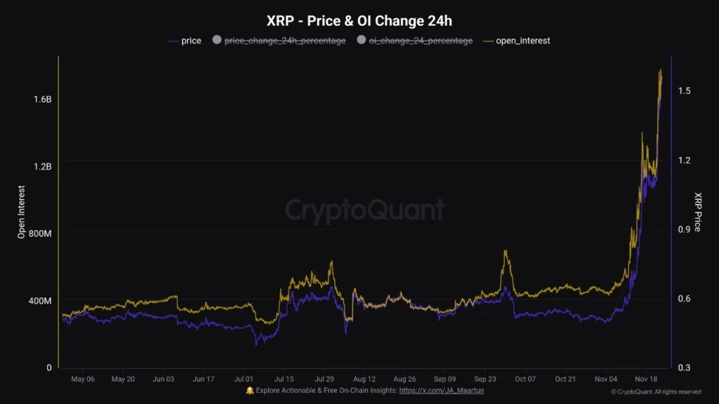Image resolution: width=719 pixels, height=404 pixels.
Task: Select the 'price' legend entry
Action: click(190, 41)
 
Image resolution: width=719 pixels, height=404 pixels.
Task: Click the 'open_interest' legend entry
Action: click(522, 41)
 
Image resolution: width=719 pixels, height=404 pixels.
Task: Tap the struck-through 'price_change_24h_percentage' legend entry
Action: click(284, 41)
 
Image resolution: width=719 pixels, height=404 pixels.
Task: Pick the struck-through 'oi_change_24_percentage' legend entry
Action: click(421, 41)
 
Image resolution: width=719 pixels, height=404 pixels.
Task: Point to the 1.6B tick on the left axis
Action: click(42, 100)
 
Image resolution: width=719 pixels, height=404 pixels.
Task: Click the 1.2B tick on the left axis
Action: click(42, 166)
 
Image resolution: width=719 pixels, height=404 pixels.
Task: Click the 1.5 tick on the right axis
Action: click(684, 91)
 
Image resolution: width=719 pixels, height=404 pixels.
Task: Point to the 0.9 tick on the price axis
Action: click(684, 229)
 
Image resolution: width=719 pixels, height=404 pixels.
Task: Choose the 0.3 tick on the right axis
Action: click(684, 368)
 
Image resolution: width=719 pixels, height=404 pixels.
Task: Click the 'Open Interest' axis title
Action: click(22, 213)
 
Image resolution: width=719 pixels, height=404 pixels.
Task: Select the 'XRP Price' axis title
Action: click(697, 213)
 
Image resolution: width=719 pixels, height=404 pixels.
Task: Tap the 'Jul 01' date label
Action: click(244, 379)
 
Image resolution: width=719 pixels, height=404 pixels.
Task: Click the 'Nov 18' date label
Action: click(646, 379)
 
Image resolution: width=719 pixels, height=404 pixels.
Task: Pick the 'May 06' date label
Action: click(83, 379)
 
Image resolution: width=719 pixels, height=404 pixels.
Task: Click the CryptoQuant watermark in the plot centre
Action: click(364, 209)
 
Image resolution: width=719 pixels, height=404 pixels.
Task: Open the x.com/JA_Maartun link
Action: click(441, 391)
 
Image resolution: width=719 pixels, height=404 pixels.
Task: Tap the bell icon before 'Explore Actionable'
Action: click(249, 391)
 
